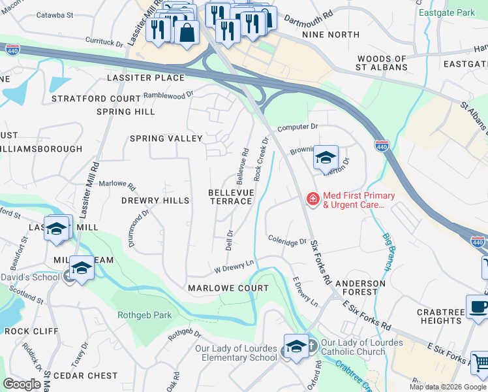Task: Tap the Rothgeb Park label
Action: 144,315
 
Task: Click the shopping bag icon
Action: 187,33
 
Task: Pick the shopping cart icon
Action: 480,363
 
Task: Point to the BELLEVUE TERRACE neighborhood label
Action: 230,197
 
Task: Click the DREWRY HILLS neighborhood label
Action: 155,201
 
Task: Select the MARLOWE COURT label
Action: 228,288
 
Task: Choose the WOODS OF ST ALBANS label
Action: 382,63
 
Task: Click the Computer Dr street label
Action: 297,127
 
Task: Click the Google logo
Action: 22,384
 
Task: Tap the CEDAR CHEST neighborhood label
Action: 85,376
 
